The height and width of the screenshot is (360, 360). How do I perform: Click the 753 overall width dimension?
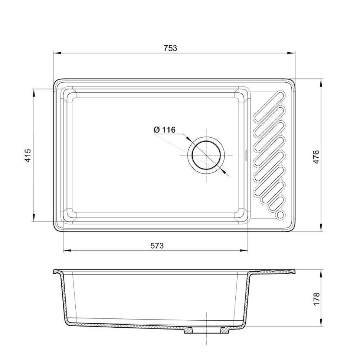coord(170,48)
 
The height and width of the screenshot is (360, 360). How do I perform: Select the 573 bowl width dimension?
coord(157,246)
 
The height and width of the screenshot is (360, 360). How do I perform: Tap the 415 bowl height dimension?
coord(27,156)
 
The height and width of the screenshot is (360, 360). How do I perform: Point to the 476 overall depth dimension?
coord(316,157)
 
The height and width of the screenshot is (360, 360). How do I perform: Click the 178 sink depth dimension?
coord(316,299)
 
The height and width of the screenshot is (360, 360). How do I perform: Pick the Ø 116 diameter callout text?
coord(164,130)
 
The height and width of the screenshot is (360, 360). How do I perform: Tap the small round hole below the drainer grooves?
coord(280,215)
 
